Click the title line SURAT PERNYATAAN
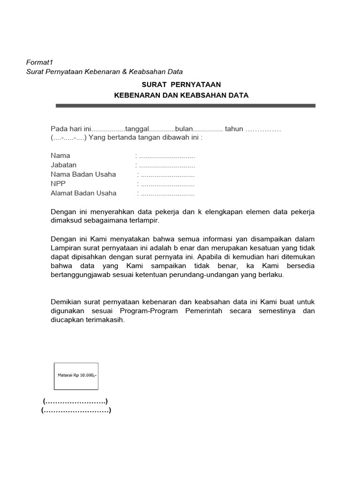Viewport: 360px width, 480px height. pyautogui.click(x=181, y=84)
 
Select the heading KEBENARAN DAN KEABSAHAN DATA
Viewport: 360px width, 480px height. pyautogui.click(x=181, y=95)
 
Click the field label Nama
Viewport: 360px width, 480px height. pyautogui.click(x=60, y=156)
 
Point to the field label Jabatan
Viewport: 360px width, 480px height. pyautogui.click(x=64, y=165)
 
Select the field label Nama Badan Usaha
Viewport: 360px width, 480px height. pyautogui.click(x=83, y=174)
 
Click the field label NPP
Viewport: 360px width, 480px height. pyautogui.click(x=58, y=184)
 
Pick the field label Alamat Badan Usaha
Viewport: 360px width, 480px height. pyautogui.click(x=83, y=193)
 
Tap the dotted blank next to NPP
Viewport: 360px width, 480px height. pyautogui.click(x=167, y=184)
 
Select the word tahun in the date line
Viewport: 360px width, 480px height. pyautogui.click(x=234, y=129)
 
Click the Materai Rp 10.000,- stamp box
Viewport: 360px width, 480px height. pyautogui.click(x=76, y=376)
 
